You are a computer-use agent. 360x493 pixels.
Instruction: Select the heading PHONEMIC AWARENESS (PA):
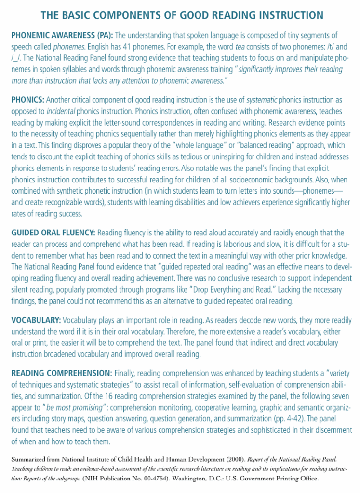(x=62, y=36)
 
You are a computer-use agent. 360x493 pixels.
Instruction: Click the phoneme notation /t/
(x=329, y=47)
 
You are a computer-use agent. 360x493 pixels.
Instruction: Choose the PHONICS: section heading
(x=27, y=100)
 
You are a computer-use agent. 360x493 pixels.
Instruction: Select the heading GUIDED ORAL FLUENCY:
(x=53, y=233)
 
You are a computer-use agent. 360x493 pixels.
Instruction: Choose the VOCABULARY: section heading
(x=36, y=320)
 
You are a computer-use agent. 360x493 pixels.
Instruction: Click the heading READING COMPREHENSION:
(x=61, y=373)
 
